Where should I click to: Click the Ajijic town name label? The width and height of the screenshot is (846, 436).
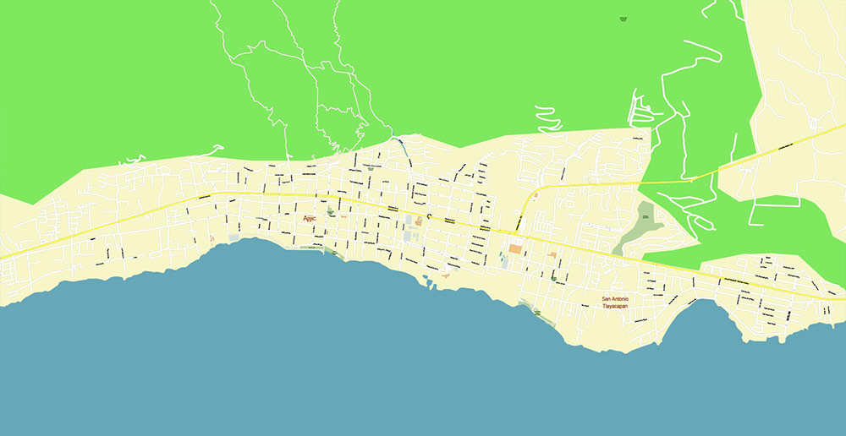coord(313,218)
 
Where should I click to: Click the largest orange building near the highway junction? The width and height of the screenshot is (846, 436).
coord(515,249)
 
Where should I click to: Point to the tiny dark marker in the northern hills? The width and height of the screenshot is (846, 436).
coord(624,17)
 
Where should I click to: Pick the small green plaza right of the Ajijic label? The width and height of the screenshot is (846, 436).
coord(330,214)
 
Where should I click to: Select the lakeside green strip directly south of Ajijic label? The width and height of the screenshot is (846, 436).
coord(311,248)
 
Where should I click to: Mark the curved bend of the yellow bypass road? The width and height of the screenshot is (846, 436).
coord(531,199)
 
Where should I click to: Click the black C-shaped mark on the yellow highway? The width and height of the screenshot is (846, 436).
coord(428,217)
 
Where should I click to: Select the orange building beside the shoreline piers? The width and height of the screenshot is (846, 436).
coord(446,275)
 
